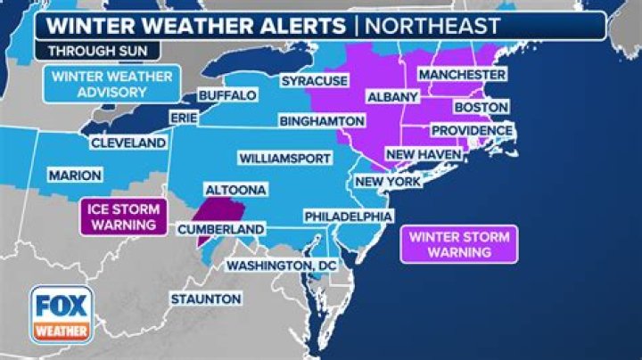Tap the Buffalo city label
(226, 95)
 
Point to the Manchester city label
(462, 74)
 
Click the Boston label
(481, 107)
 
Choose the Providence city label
(472, 130)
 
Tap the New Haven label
(423, 154)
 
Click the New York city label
(387, 181)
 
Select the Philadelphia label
(348, 217)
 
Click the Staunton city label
(205, 299)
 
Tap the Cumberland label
(233, 229)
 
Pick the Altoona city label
(233, 191)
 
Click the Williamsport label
(284, 158)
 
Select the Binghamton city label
(321, 119)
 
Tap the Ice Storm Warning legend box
(124, 217)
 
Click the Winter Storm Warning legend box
(459, 244)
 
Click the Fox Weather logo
(62, 315)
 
